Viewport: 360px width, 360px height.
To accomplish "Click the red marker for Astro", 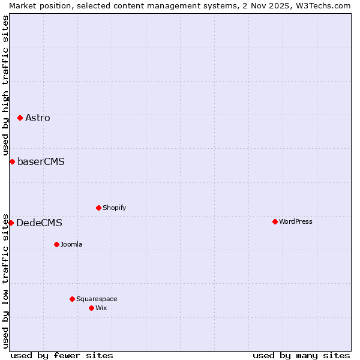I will tap(20, 118).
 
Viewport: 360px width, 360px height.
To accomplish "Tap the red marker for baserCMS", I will tap(12, 161).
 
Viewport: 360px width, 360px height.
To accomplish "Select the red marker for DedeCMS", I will tap(11, 223).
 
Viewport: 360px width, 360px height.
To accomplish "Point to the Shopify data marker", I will tap(98, 208).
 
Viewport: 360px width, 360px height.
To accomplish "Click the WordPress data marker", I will tap(275, 221).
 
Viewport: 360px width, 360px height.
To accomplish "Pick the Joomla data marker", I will tap(56, 244).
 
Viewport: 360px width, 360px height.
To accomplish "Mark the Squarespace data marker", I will tap(72, 299).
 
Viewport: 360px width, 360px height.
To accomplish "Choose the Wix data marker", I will tap(91, 308).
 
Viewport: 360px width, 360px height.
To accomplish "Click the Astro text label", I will tap(38, 118).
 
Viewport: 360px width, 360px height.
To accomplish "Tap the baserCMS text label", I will tap(41, 161).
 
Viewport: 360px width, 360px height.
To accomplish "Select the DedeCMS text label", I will tap(39, 223).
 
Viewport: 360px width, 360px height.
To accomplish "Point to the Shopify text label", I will tap(114, 208).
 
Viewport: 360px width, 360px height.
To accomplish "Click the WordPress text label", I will tap(295, 221).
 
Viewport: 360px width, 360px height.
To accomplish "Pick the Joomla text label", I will tap(71, 244).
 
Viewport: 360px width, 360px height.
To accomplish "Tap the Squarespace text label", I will tap(97, 299).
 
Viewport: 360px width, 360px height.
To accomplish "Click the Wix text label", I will tap(101, 308).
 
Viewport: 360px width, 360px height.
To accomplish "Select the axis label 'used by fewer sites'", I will tap(62, 355).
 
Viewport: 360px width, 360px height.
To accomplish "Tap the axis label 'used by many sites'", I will tap(301, 355).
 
